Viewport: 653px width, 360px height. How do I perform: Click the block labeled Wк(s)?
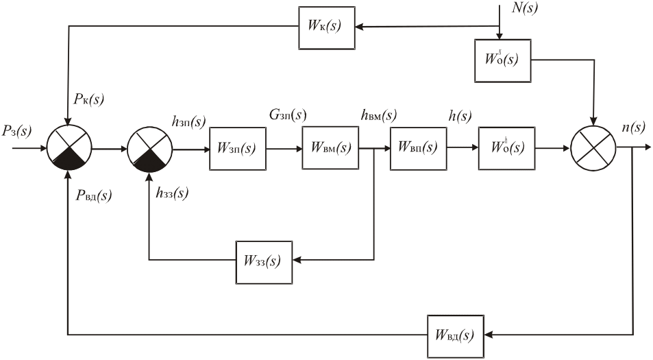click(327, 27)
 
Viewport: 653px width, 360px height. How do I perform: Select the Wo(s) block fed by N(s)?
click(502, 60)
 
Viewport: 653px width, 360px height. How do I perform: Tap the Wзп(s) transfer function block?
click(237, 147)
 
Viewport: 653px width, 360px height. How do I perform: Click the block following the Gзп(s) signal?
click(330, 147)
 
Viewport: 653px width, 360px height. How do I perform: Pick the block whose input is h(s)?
click(506, 147)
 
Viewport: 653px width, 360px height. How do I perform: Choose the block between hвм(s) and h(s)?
click(418, 147)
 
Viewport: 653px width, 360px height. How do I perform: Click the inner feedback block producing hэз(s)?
click(264, 261)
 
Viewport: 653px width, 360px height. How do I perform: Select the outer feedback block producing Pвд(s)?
click(456, 335)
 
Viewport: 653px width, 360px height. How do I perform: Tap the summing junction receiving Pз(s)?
click(68, 148)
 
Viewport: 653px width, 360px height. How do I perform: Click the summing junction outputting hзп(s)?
click(150, 148)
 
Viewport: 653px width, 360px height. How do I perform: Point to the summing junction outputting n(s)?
click(593, 148)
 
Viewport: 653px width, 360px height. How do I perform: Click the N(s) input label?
click(525, 8)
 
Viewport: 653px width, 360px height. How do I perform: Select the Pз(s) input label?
click(16, 130)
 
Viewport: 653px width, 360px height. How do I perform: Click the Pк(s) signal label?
click(88, 99)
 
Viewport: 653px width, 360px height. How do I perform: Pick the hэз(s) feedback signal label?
click(171, 193)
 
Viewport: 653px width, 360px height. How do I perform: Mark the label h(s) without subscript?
click(460, 115)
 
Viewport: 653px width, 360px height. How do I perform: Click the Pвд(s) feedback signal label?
click(94, 197)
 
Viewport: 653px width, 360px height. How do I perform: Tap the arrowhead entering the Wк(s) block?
click(359, 27)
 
